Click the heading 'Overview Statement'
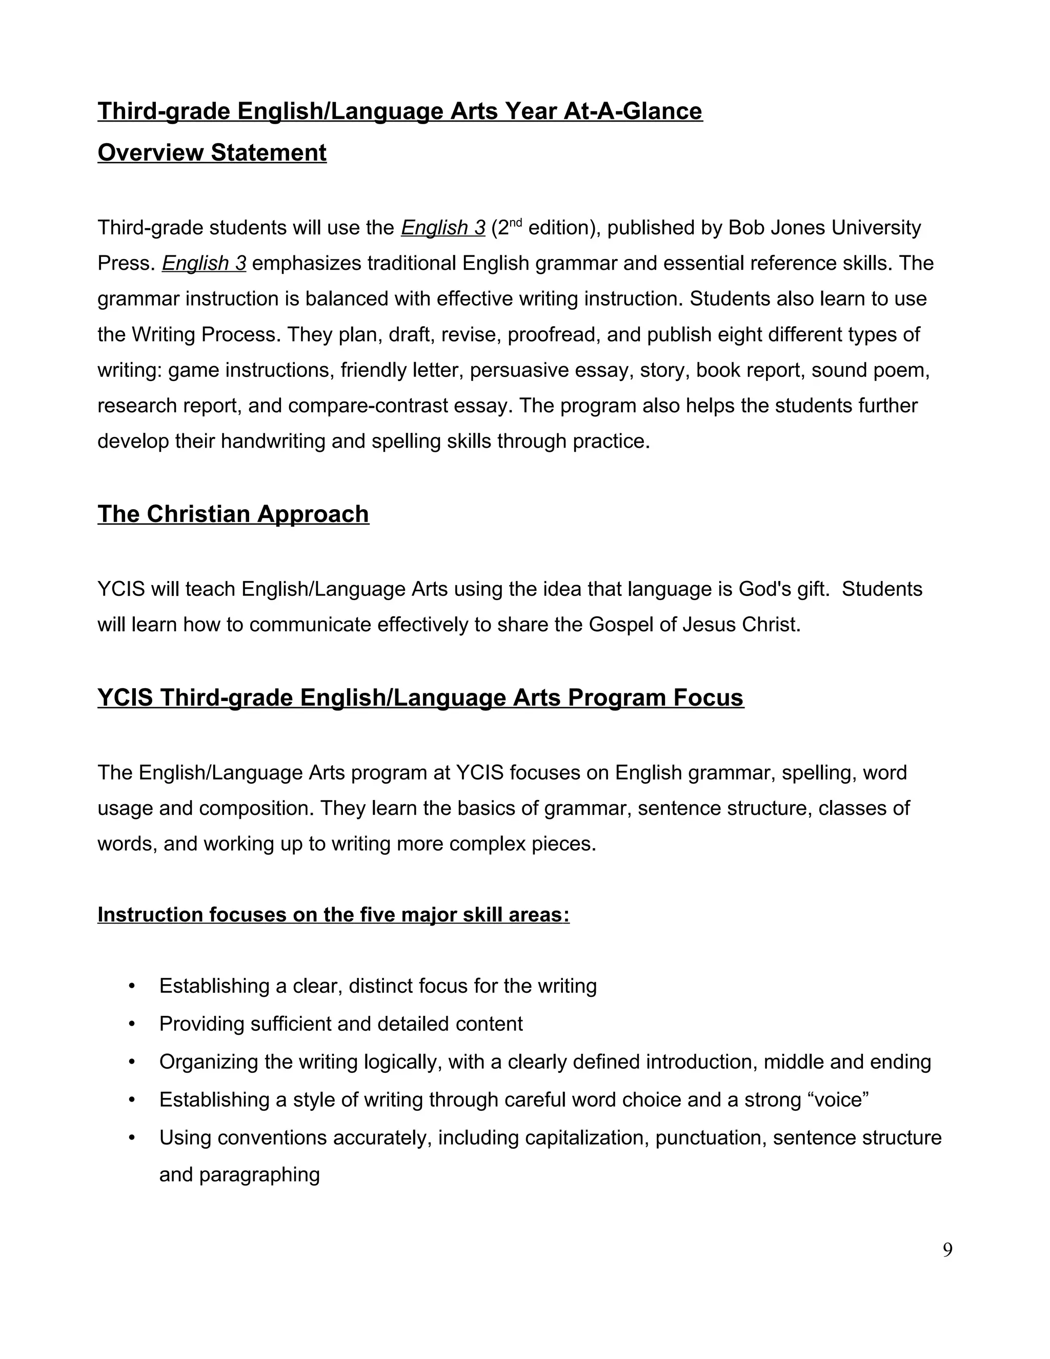[x=212, y=152]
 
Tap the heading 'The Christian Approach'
[x=233, y=514]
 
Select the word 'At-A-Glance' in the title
[x=633, y=111]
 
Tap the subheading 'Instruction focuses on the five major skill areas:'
[x=333, y=915]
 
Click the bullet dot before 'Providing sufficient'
[x=131, y=1024]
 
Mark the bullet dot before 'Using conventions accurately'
[x=131, y=1138]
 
